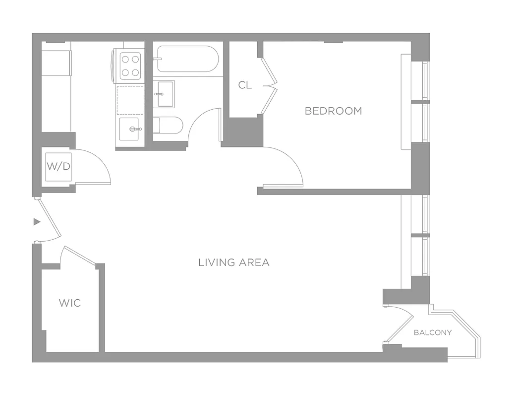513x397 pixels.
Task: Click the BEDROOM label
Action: point(333,111)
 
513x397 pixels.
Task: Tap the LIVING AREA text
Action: point(234,263)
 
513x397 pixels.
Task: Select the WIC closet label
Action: point(70,303)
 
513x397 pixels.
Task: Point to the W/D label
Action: point(58,166)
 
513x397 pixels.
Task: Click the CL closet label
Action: point(245,85)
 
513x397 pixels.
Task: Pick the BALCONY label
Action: point(433,332)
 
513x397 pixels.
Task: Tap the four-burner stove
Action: point(130,66)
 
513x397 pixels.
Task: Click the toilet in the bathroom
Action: point(168,125)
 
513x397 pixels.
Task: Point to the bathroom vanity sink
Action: point(164,94)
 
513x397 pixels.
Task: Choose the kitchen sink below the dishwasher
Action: point(130,129)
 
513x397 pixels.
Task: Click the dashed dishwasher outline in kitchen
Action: point(130,100)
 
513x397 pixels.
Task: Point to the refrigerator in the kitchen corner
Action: point(56,62)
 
